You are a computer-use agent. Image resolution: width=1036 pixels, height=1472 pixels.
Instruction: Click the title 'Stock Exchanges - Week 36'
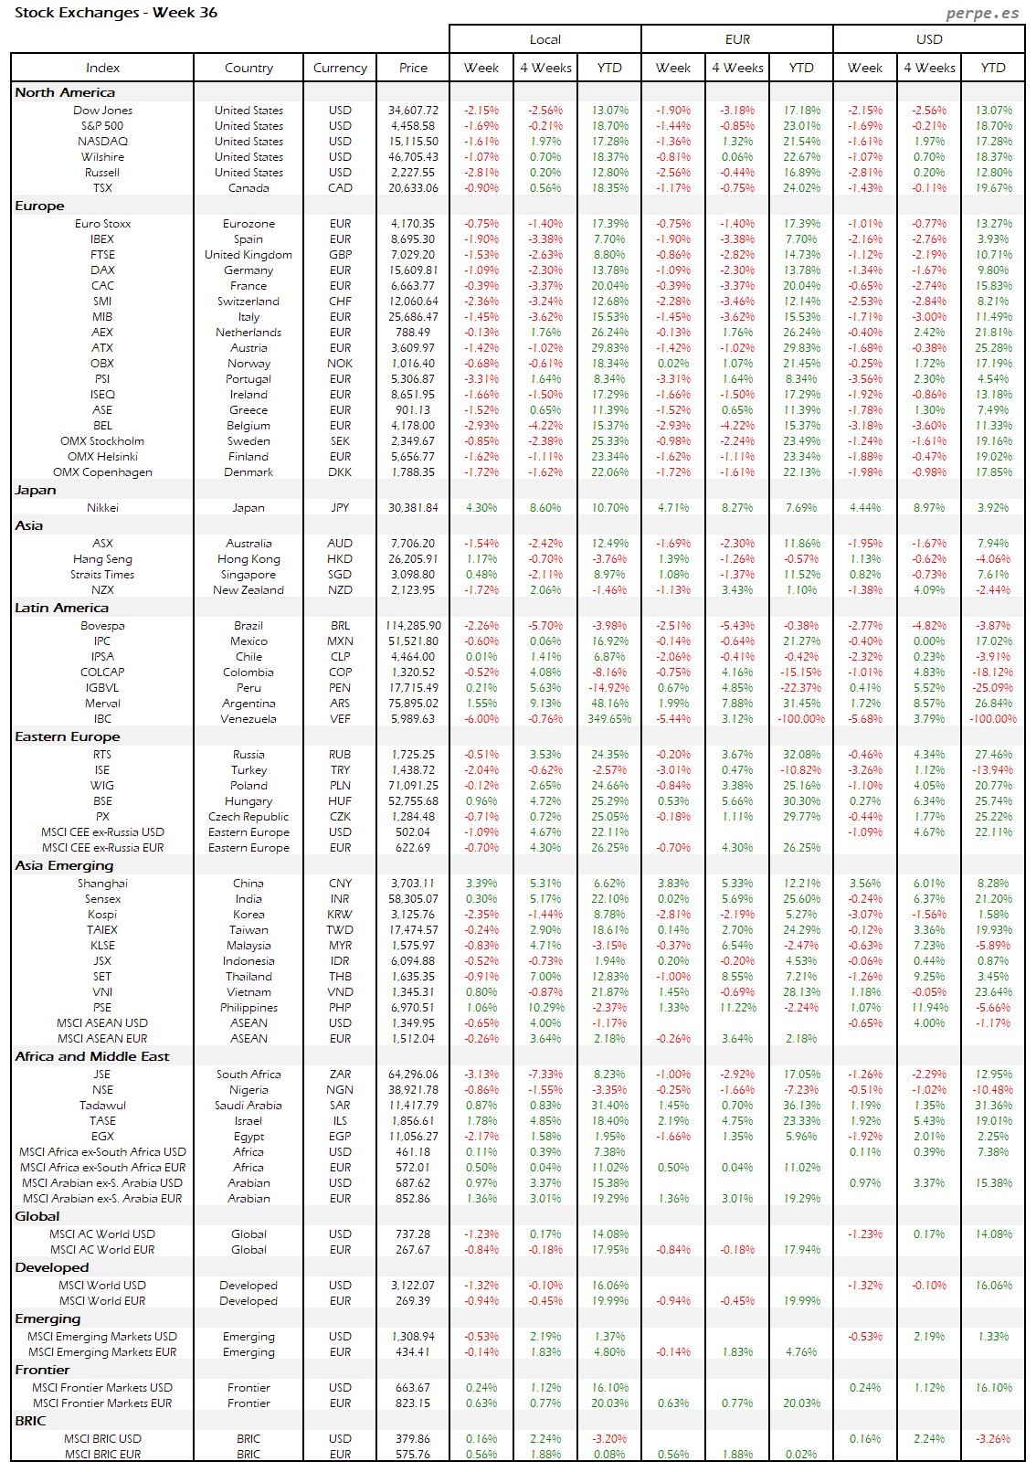[x=116, y=13]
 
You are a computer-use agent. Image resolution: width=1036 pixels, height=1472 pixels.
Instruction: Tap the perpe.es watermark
[x=982, y=13]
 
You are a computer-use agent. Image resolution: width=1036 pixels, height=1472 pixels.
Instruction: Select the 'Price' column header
[x=413, y=68]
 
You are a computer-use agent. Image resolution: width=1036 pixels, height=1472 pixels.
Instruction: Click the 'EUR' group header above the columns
[x=737, y=39]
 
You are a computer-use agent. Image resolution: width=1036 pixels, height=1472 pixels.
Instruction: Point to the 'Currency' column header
[x=340, y=68]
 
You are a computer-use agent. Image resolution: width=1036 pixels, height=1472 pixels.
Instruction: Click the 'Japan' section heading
[x=36, y=490]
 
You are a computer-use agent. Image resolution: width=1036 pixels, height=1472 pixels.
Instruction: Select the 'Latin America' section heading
[x=61, y=608]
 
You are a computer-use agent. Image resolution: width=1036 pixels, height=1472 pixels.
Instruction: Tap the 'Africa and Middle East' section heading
[x=92, y=1056]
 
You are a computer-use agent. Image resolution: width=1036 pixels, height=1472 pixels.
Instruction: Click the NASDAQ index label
[x=102, y=142]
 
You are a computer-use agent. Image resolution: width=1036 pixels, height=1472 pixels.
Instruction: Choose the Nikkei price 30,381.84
[x=413, y=508]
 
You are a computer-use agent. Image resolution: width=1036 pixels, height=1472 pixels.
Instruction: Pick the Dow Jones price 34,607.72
[x=413, y=111]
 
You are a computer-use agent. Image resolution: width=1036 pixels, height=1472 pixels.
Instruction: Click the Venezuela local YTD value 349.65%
[x=609, y=719]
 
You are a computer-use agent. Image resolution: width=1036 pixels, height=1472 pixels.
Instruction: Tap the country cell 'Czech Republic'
[x=248, y=817]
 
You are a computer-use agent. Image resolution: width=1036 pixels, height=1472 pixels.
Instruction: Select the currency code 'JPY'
[x=340, y=508]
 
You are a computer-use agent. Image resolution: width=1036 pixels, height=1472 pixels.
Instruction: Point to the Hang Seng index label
[x=102, y=559]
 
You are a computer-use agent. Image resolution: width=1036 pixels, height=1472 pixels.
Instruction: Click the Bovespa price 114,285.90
[x=413, y=626]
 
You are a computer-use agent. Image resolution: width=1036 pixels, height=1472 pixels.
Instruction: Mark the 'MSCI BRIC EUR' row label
[x=102, y=1455]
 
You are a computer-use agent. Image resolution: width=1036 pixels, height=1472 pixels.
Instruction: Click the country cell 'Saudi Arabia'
[x=248, y=1106]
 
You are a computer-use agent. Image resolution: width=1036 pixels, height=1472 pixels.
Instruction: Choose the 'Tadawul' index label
[x=102, y=1106]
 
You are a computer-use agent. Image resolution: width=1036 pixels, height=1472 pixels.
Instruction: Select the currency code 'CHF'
[x=340, y=302]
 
